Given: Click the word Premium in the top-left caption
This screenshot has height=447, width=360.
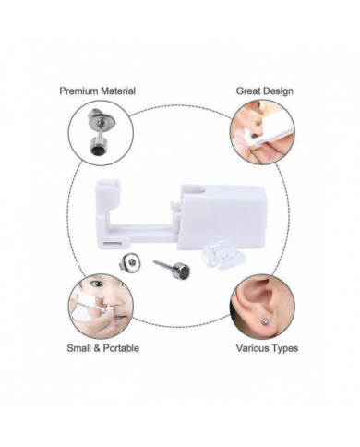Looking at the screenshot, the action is point(78,91).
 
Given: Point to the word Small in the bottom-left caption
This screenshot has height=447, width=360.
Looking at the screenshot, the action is point(79,348).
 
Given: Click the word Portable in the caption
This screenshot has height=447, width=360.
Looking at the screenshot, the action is point(121,348).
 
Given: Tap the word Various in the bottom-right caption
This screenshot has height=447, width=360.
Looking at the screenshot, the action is point(253,348).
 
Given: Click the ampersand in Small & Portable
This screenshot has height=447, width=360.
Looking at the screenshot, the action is point(97,348).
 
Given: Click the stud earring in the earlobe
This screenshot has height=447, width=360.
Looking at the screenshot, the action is point(265,320).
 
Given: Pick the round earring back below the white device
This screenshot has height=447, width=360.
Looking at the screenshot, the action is point(131,262).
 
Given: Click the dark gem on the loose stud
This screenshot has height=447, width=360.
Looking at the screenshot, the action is point(184,271).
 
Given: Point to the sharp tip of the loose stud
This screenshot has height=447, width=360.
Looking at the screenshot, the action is point(153,261).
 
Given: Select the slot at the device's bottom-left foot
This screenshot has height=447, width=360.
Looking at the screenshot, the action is point(114,243).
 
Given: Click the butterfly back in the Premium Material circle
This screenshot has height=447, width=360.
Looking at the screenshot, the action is point(99,118).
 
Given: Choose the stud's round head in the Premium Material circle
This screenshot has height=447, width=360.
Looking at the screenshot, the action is point(96,146).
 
